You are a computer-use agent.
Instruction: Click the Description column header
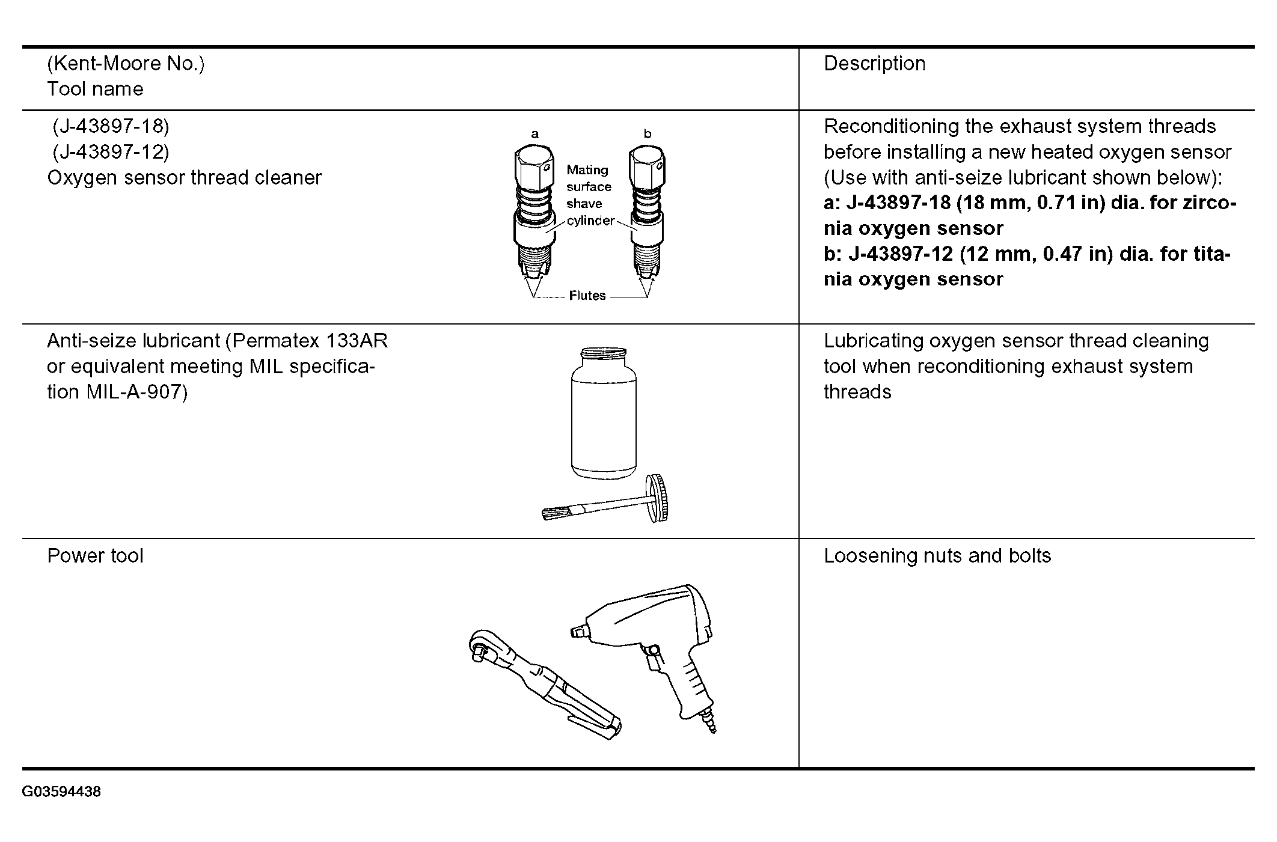(x=874, y=64)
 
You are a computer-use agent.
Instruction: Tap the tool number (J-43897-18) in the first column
(x=111, y=126)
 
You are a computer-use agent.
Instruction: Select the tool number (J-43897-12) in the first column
(x=111, y=152)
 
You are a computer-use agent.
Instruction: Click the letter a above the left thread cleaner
(x=534, y=134)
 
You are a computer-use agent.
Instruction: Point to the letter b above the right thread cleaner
(x=647, y=134)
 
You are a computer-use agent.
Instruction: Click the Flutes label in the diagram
(x=587, y=296)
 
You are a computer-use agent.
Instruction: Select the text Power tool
(x=95, y=556)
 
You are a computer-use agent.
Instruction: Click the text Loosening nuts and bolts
(x=937, y=556)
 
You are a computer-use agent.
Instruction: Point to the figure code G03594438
(x=61, y=792)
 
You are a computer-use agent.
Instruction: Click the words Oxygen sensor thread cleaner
(x=184, y=178)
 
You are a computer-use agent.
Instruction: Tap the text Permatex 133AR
(x=310, y=341)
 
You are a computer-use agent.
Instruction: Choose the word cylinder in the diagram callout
(x=590, y=221)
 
